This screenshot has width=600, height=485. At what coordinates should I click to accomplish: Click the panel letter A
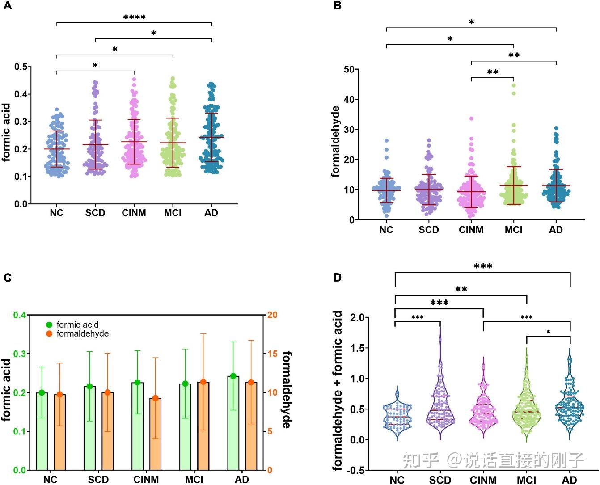(x=8, y=5)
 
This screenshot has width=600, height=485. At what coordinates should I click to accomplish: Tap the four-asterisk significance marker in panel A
(x=135, y=17)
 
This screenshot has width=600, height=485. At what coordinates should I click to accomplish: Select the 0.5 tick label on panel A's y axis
(x=21, y=67)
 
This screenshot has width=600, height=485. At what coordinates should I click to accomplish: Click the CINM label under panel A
(x=134, y=213)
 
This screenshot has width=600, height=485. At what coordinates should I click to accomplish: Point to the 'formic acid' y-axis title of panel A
(x=6, y=132)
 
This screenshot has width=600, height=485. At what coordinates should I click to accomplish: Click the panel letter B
(x=337, y=5)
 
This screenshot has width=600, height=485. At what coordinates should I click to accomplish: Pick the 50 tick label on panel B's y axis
(x=349, y=69)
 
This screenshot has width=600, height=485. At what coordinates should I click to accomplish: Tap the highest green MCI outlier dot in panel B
(x=514, y=85)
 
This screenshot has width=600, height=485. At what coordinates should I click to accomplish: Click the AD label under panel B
(x=556, y=230)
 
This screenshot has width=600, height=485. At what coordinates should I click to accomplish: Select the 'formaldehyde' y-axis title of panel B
(x=335, y=141)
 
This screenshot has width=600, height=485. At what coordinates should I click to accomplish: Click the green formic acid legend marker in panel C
(x=49, y=325)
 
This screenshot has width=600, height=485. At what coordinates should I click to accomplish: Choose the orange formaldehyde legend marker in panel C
(x=49, y=334)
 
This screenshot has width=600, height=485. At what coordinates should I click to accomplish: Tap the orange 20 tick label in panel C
(x=272, y=315)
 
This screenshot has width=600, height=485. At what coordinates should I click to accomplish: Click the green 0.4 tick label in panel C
(x=20, y=315)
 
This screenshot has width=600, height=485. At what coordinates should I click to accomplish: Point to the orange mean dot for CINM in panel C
(x=156, y=398)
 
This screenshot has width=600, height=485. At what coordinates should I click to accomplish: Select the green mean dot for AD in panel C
(x=233, y=376)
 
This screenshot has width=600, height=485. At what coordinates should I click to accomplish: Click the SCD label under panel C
(x=98, y=479)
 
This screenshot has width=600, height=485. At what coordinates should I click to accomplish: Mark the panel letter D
(x=337, y=278)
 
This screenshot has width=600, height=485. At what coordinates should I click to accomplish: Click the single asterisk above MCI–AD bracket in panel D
(x=548, y=332)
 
